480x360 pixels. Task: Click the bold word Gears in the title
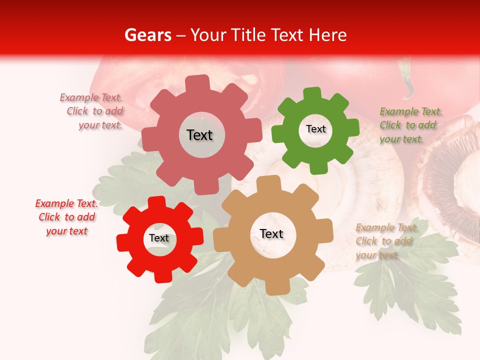[x=147, y=35]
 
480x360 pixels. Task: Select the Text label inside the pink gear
[x=199, y=135]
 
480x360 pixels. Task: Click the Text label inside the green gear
[x=315, y=129]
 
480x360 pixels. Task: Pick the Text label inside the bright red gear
[x=159, y=238]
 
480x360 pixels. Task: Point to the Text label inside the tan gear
[x=271, y=233]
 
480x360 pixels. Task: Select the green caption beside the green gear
[x=410, y=125]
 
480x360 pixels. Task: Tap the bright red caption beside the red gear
[x=67, y=217]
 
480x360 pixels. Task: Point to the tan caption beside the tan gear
[x=386, y=241]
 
